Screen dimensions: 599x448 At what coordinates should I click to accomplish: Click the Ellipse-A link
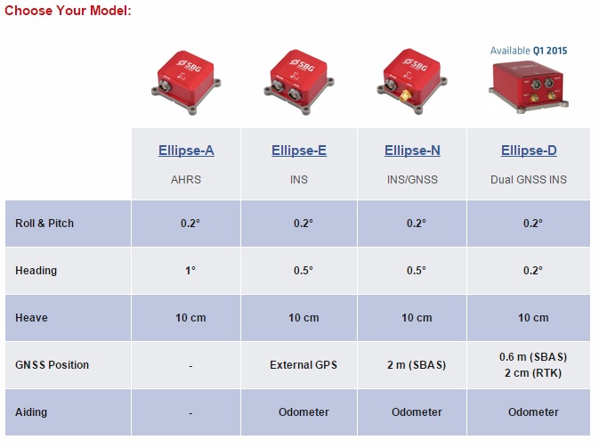(x=186, y=151)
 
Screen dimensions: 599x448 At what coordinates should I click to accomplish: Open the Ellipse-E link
(x=299, y=151)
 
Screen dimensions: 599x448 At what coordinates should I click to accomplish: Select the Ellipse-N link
(x=412, y=151)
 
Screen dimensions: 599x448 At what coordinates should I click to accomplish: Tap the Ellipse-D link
(x=529, y=151)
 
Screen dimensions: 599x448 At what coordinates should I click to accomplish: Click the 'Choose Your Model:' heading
(x=68, y=11)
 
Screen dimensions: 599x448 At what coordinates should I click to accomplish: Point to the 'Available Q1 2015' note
(x=529, y=51)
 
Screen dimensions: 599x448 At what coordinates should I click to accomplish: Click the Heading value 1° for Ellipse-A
(x=190, y=271)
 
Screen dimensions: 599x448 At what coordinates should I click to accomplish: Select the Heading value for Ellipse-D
(x=533, y=271)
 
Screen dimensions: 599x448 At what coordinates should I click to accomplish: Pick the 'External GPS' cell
(x=304, y=365)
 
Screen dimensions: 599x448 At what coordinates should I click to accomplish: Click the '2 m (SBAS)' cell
(x=417, y=365)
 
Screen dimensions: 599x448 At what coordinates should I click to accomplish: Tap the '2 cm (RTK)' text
(x=533, y=372)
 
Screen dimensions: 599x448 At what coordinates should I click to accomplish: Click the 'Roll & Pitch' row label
(x=45, y=224)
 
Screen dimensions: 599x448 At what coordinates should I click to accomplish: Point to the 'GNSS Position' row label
(x=52, y=365)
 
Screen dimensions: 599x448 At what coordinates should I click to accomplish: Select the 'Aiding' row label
(x=31, y=412)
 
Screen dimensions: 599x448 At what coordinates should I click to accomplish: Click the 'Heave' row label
(x=31, y=318)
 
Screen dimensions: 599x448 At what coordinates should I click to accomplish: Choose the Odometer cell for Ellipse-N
(x=417, y=412)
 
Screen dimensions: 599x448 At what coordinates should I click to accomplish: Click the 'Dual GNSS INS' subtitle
(x=529, y=180)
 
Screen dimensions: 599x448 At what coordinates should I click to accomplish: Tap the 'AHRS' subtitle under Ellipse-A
(x=186, y=180)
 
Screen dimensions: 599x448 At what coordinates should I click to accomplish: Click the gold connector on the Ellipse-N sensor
(x=405, y=95)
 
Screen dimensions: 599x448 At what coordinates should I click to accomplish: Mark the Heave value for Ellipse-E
(x=304, y=318)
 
